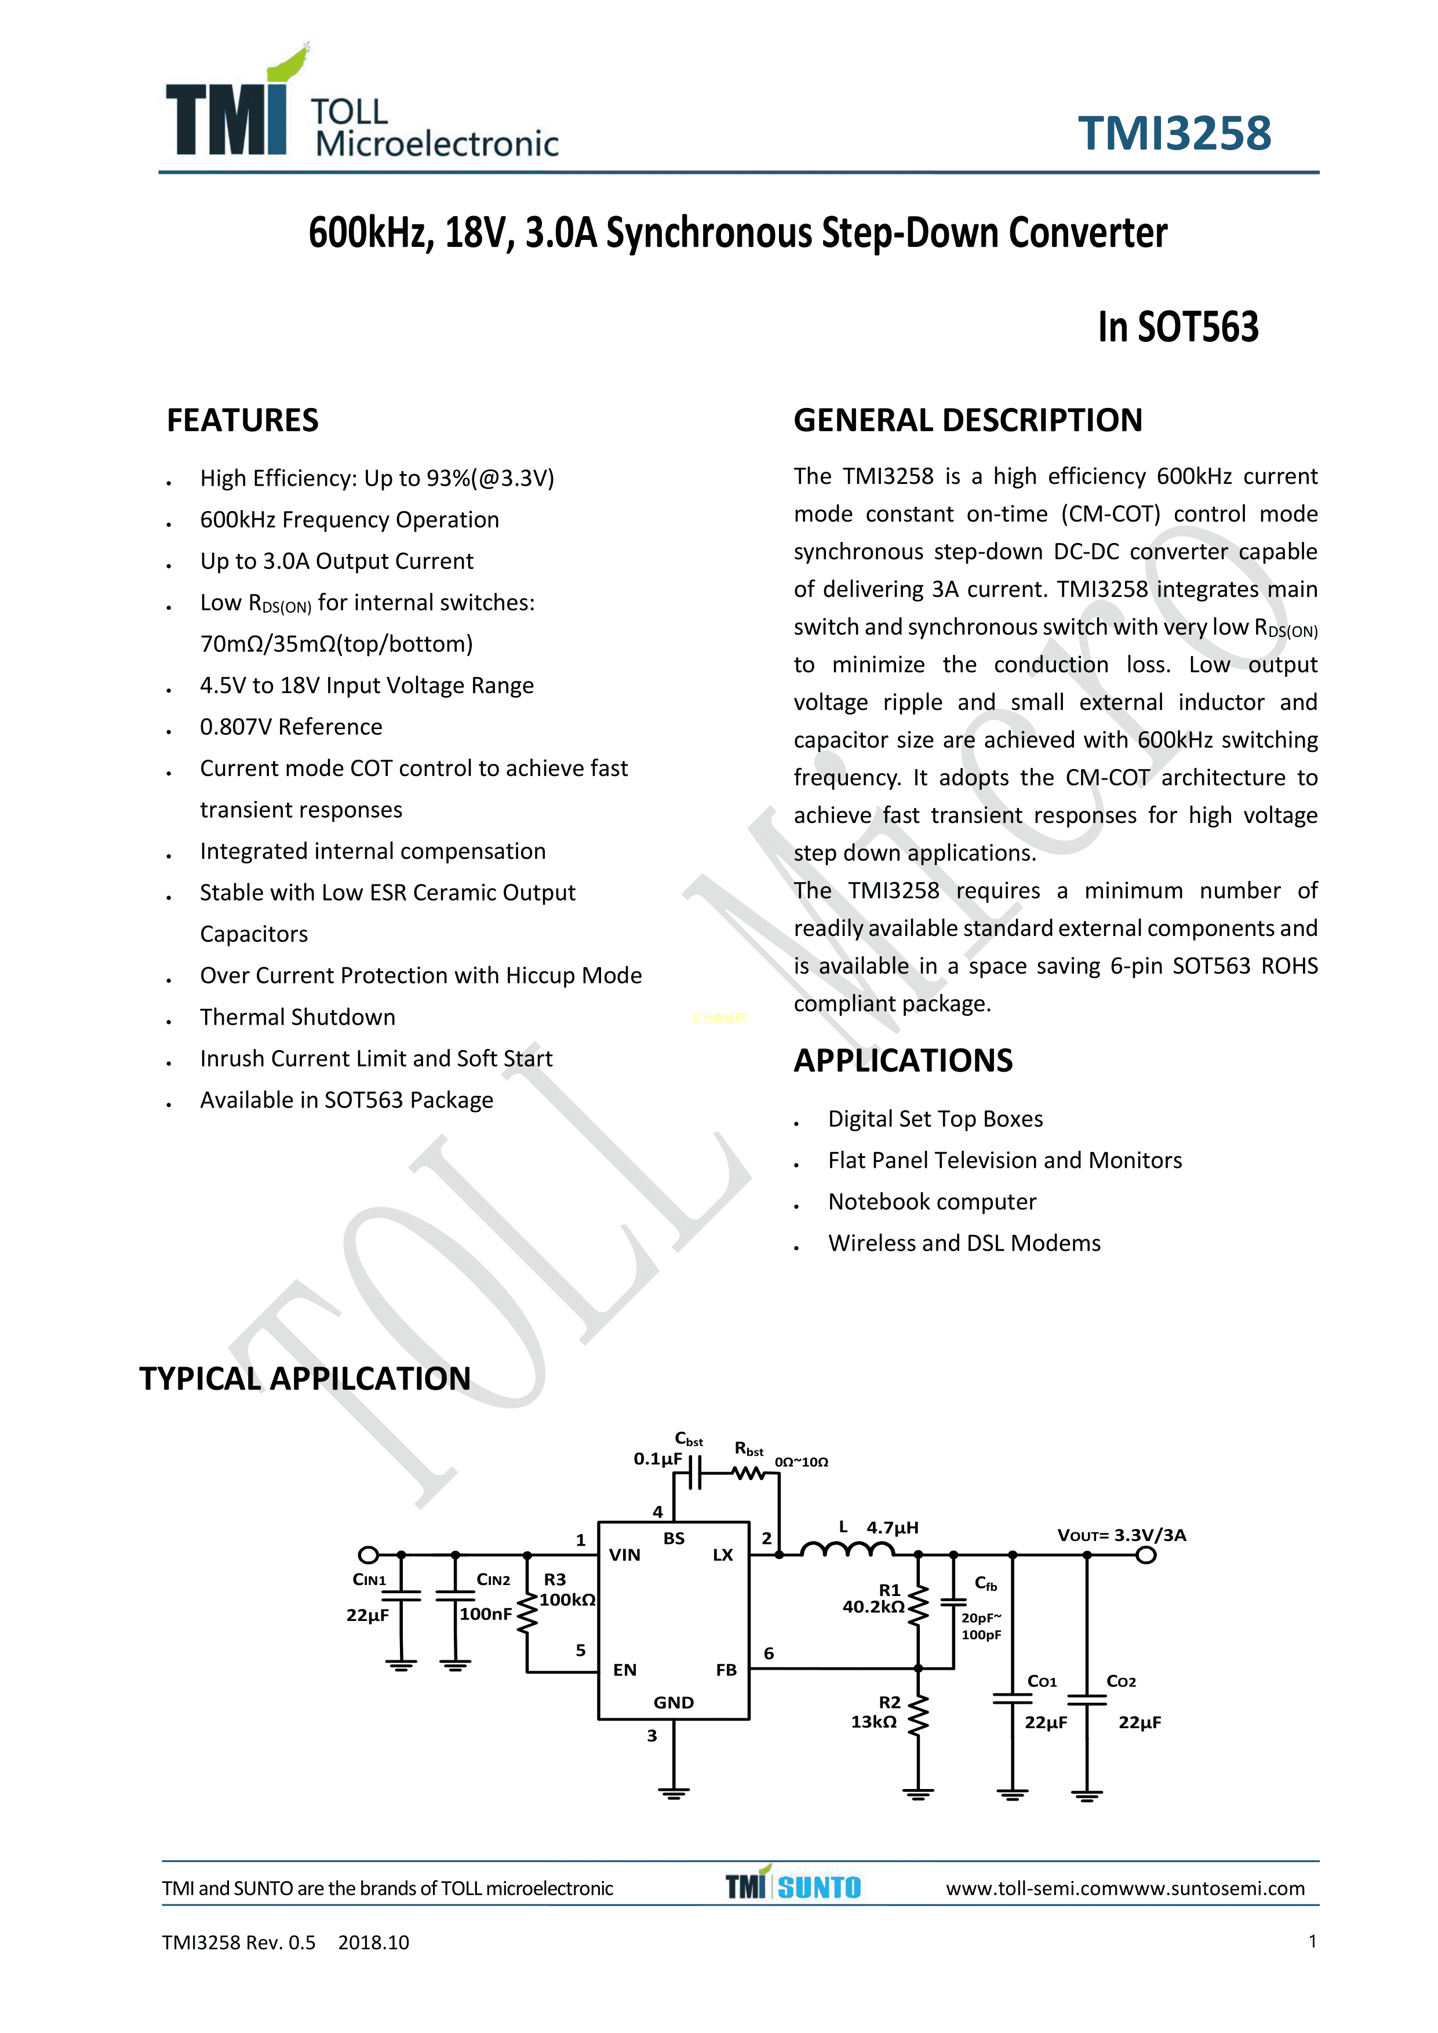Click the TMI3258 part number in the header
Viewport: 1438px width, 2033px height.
(x=1174, y=134)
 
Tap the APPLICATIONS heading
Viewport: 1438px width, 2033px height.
(x=903, y=1060)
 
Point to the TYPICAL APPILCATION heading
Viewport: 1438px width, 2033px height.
(x=305, y=1379)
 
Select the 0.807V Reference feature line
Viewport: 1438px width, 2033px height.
(x=292, y=726)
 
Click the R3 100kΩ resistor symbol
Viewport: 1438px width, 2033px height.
(x=528, y=1613)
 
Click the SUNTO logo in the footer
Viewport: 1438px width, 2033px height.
(x=819, y=1887)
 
